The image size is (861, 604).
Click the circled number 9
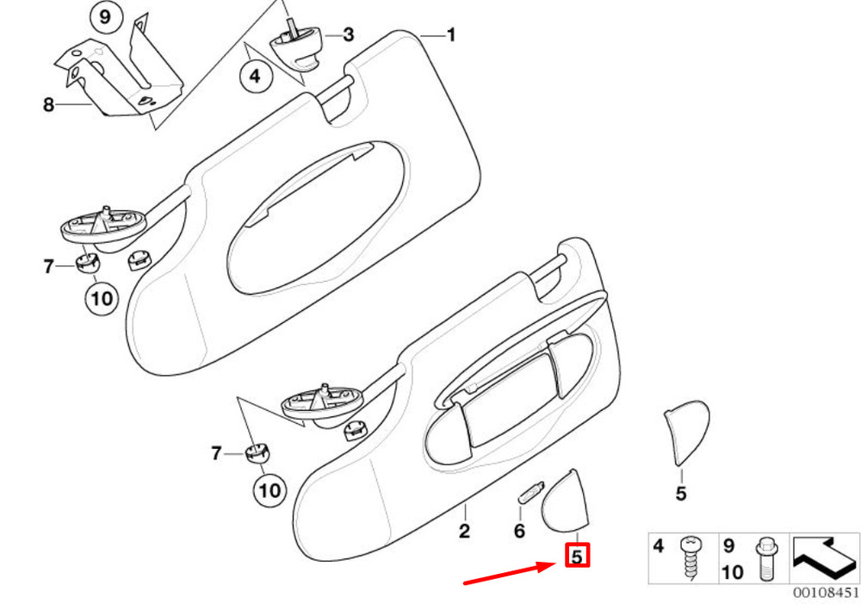coord(104,17)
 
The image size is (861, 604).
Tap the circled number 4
coord(256,75)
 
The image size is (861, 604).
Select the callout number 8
coord(49,104)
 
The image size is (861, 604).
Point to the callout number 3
coord(348,35)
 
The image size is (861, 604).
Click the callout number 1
coord(451,35)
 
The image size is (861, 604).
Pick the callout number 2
coord(465,531)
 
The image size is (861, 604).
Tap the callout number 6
coord(519,531)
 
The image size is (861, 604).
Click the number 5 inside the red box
coord(577,557)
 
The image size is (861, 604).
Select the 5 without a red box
coord(681,494)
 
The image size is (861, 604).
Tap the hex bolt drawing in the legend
coord(765,559)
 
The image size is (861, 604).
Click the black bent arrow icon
coord(824,558)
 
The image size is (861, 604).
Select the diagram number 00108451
coord(826,593)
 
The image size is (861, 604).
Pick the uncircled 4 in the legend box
coord(659,546)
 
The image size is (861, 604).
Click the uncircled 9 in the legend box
coord(728,546)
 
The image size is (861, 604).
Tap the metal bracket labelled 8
coord(120,69)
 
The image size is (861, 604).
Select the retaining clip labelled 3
coord(296,47)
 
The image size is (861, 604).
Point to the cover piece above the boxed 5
coord(565,501)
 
